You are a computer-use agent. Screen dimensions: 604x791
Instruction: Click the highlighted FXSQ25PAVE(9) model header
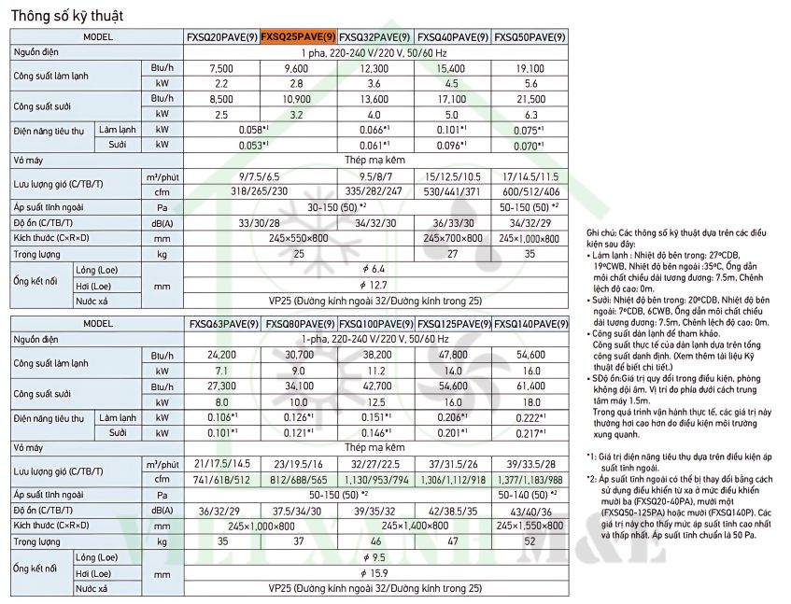tap(298, 37)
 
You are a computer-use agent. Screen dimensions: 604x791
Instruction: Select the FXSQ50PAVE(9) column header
tap(529, 37)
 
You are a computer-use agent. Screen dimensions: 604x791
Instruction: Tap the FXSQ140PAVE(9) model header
tap(529, 324)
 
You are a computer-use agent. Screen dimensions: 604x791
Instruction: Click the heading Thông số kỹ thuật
tap(66, 16)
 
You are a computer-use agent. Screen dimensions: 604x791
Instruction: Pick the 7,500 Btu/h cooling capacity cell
tap(221, 69)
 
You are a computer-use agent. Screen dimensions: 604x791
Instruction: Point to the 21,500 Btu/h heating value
tap(529, 98)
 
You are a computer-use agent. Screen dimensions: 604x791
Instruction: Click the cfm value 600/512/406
tap(529, 190)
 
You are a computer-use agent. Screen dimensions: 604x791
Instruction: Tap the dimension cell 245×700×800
tap(452, 238)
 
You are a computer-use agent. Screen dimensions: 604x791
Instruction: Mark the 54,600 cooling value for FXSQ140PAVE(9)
tap(529, 355)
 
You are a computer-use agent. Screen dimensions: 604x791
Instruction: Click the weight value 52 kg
tap(529, 541)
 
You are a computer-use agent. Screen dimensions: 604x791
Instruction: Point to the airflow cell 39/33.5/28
tap(529, 462)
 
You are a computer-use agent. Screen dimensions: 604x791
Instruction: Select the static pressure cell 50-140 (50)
tap(529, 493)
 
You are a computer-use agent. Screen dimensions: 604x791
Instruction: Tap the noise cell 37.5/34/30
tap(298, 510)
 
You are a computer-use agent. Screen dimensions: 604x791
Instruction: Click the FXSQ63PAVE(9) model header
tap(222, 324)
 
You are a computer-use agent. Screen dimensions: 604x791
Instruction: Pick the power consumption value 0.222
tap(529, 416)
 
